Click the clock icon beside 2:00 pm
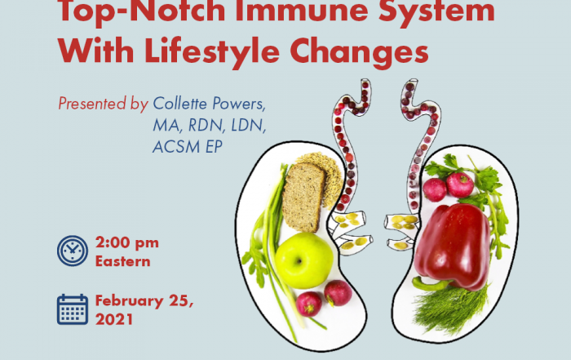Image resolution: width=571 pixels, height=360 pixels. (x=73, y=251)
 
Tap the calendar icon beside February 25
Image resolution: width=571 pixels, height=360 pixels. (x=73, y=309)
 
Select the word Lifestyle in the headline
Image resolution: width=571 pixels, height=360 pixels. (x=212, y=51)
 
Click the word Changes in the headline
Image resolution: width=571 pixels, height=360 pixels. (x=359, y=51)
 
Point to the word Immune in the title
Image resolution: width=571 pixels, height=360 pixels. (x=302, y=11)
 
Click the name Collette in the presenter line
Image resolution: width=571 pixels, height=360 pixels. (x=180, y=104)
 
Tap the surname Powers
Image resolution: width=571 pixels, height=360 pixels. (x=239, y=104)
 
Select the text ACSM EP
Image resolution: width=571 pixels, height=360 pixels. (x=187, y=147)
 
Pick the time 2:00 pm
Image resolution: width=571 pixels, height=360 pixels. (x=127, y=242)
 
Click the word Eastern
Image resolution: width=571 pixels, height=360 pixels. (x=122, y=261)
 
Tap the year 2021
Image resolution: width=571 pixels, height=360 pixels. (x=113, y=319)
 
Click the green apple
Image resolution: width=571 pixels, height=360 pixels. (x=303, y=261)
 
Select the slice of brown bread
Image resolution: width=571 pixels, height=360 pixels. (x=303, y=197)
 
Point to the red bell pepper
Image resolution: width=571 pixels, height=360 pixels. (x=452, y=247)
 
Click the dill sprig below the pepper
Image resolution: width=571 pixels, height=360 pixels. (x=450, y=309)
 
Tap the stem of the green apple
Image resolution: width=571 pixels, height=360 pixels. (x=299, y=260)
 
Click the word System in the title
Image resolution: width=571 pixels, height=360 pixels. (x=436, y=11)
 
